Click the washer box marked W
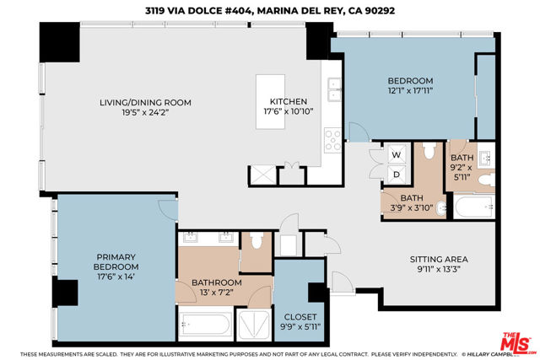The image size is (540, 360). (396, 154)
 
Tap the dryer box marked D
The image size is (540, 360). (396, 175)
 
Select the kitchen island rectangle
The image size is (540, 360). (270, 101)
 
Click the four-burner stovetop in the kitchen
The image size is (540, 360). (332, 140)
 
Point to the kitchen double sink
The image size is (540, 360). (334, 90)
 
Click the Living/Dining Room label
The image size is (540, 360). (145, 103)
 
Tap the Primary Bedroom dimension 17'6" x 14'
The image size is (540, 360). (116, 277)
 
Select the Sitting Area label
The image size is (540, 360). (439, 259)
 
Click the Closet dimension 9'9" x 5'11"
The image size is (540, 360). (300, 326)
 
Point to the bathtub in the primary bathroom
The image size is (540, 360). (206, 324)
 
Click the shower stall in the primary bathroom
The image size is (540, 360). (255, 325)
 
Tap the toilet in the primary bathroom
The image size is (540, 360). (256, 240)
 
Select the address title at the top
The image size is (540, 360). (270, 11)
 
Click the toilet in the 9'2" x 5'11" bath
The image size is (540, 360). (486, 180)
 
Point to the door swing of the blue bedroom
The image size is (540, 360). (359, 132)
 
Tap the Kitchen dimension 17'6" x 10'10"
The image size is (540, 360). (289, 111)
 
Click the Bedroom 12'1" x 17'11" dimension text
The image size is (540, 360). (410, 90)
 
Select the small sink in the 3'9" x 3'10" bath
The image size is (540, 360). (440, 208)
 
